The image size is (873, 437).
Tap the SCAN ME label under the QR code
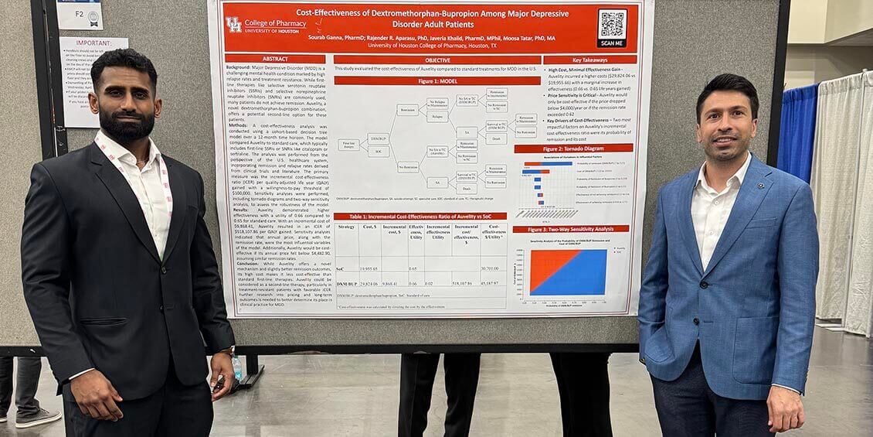612,43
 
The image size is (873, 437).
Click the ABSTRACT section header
275,59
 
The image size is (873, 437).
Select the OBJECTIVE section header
436,60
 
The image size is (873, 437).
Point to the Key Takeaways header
589,60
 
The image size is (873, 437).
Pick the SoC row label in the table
341,268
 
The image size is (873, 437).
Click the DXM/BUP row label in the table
345,283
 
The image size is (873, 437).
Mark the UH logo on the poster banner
233,25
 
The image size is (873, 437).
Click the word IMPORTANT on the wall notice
93,44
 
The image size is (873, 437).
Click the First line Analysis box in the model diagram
349,145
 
